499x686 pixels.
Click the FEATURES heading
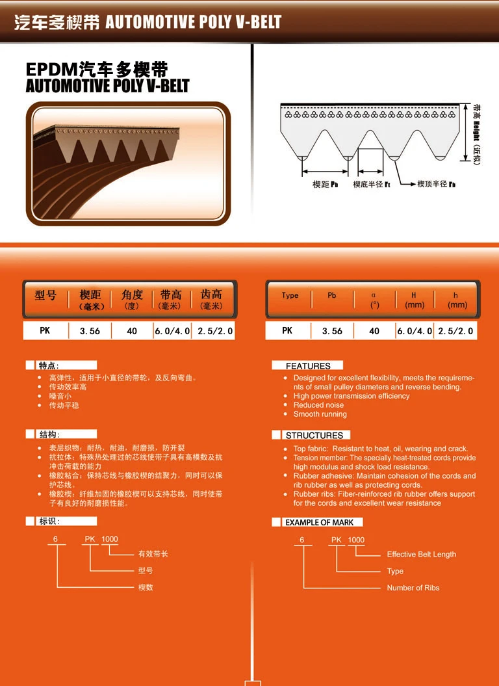pos(308,366)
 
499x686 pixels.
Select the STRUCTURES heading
pos(314,435)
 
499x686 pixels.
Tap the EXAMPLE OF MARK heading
pos(319,522)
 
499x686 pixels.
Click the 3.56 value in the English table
pos(332,331)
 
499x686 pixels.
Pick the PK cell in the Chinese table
pos(45,330)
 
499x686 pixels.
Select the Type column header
pos(290,295)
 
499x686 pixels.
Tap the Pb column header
pos(332,295)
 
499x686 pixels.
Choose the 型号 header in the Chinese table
pos(45,296)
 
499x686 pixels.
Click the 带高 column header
pos(171,299)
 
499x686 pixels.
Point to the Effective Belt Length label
pos(421,555)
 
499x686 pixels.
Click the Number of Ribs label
pos(413,588)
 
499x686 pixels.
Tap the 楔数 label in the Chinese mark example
pos(146,587)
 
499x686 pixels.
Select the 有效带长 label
pos(153,554)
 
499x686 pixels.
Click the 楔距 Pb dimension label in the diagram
pos(326,185)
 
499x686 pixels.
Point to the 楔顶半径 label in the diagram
pos(436,185)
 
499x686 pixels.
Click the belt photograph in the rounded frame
pos(128,163)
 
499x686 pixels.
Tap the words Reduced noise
pos(318,405)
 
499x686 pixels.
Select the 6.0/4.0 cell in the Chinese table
pos(172,331)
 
